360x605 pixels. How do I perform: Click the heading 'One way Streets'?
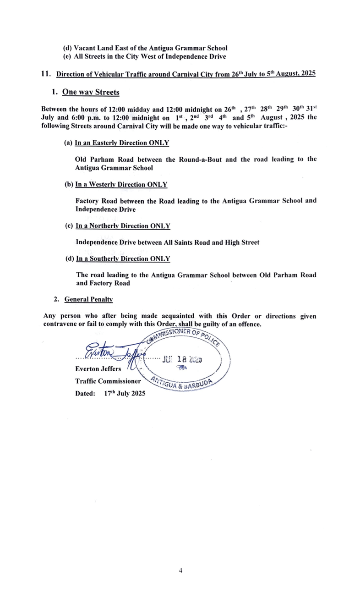click(91, 92)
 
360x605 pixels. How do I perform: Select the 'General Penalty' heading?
click(88, 299)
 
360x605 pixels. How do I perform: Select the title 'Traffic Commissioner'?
click(108, 381)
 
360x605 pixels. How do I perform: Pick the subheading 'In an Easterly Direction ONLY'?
click(122, 143)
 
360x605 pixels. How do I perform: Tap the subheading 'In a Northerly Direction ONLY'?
click(123, 226)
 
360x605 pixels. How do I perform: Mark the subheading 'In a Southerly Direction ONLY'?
click(123, 259)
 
